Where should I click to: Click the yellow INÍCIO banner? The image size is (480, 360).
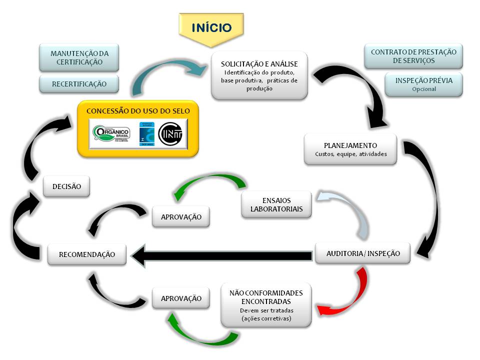[212, 27]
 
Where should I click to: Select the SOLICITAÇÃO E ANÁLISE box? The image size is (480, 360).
[259, 75]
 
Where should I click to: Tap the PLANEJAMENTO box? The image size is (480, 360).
[350, 149]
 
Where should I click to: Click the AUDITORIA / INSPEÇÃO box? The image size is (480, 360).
[362, 253]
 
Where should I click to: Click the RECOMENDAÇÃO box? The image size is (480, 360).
[86, 254]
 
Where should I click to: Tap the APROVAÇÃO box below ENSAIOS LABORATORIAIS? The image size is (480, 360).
[181, 217]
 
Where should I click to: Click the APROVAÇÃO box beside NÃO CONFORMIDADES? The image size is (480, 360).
[181, 298]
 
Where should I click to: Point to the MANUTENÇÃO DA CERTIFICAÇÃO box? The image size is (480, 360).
[79, 57]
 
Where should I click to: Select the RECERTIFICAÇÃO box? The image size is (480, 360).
[79, 84]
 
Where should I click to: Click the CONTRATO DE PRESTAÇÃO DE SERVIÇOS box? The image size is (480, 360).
[413, 56]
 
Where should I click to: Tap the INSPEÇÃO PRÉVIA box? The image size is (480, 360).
[423, 84]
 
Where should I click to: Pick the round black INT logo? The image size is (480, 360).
[170, 134]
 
